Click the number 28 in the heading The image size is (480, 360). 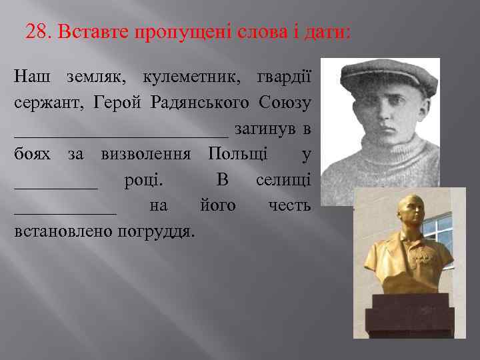pos(36,31)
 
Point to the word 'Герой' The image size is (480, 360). pos(117,103)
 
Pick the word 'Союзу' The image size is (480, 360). pos(287,103)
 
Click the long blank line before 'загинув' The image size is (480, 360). pos(120,133)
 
